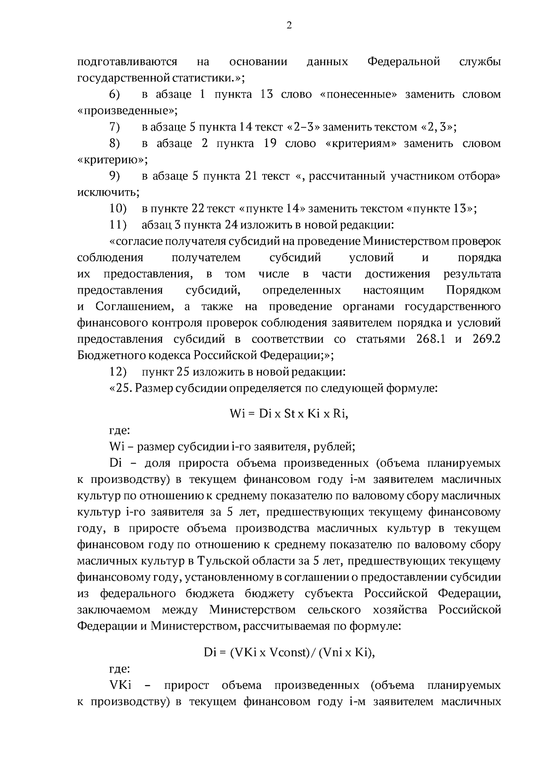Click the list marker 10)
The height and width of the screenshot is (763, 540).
(x=118, y=209)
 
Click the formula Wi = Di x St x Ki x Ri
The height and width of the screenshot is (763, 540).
(x=289, y=414)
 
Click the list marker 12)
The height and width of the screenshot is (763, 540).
(x=118, y=372)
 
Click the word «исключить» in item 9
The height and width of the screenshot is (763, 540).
(x=108, y=193)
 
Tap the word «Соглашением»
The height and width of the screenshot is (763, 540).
(x=134, y=307)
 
